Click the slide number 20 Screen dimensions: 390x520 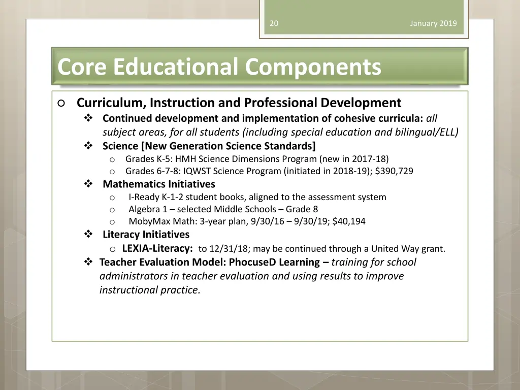(274, 23)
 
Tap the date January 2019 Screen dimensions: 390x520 (433, 23)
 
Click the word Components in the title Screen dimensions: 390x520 (313, 67)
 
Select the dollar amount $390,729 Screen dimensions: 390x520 (394, 171)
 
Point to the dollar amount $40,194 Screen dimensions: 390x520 (349, 221)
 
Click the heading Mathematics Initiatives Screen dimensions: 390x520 (158, 184)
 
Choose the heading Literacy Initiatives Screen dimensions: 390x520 (146, 235)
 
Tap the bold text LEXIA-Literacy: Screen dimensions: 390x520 (157, 249)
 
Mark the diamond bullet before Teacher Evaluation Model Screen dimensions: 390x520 (88, 263)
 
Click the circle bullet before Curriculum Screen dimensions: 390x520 (61, 103)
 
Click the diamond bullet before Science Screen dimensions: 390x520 (88, 146)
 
